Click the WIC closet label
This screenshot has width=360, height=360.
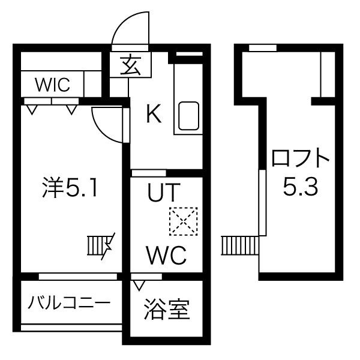[x=52, y=85]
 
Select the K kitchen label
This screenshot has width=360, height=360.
[x=154, y=113]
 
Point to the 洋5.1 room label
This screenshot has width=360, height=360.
[x=70, y=188]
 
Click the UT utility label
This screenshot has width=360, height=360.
[x=164, y=193]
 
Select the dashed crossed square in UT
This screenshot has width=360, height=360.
[x=182, y=221]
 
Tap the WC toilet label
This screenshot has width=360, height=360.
[x=166, y=257]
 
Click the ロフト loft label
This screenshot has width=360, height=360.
[x=301, y=159]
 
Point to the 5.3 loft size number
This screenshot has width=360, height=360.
[x=300, y=188]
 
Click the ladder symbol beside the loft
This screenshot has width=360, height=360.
[x=239, y=245]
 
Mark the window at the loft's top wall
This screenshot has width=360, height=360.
[x=263, y=48]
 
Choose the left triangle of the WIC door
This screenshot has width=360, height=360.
[x=31, y=110]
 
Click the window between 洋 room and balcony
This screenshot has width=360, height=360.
[x=78, y=277]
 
